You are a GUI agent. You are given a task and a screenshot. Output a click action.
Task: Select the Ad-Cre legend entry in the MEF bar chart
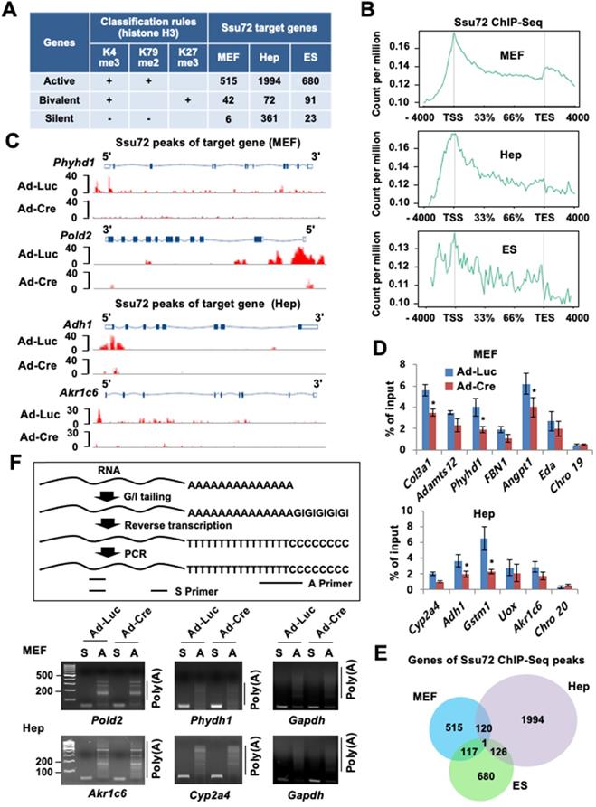[519, 338]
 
